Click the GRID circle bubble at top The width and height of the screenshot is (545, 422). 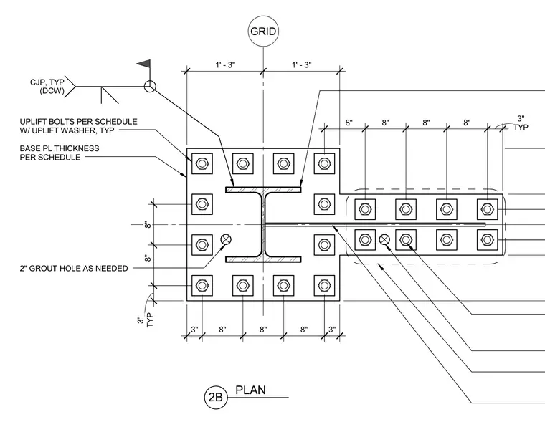(x=263, y=32)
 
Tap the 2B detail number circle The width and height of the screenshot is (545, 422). (x=216, y=397)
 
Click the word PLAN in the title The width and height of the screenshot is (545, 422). (x=250, y=390)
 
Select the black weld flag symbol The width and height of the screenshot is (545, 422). (x=144, y=64)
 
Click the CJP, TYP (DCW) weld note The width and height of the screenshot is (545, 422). (x=47, y=87)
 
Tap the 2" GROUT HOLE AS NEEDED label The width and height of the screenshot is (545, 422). (x=74, y=268)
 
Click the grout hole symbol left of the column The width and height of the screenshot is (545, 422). (x=226, y=239)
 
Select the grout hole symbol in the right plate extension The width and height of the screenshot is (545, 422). (x=384, y=239)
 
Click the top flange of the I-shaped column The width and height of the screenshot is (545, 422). (x=263, y=190)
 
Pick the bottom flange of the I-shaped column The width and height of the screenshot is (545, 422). (x=263, y=259)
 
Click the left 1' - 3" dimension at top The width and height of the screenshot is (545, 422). (x=225, y=64)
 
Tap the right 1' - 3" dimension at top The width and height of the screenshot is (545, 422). (x=301, y=64)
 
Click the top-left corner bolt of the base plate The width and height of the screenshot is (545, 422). (x=202, y=163)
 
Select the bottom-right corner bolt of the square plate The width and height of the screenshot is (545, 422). (x=324, y=285)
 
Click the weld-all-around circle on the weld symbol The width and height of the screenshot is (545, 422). (x=150, y=87)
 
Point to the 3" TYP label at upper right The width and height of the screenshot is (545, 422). (x=521, y=123)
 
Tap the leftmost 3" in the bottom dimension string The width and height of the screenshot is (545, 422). (x=194, y=329)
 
